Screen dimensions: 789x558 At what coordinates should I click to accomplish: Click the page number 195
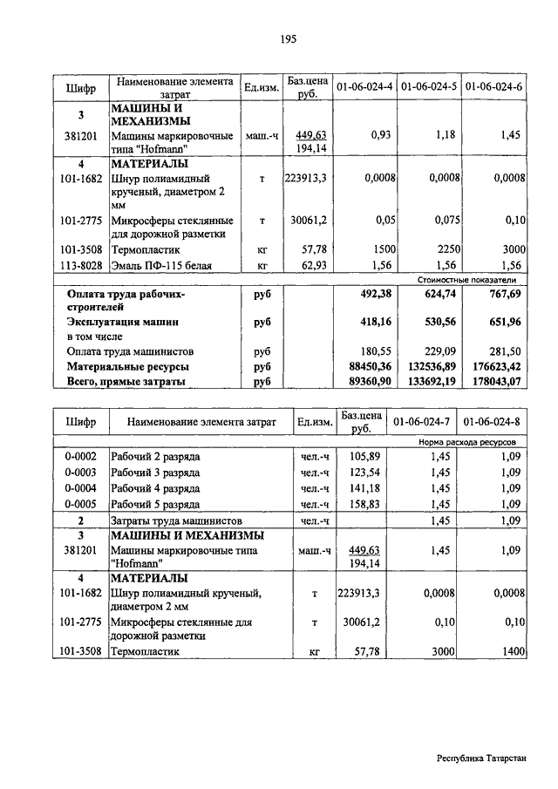[289, 38]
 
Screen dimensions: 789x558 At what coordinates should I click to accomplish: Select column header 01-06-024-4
[364, 87]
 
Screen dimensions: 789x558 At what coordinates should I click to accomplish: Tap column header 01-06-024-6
[494, 87]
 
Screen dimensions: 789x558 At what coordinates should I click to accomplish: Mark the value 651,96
[503, 322]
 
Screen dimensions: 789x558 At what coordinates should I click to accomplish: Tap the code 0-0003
[79, 472]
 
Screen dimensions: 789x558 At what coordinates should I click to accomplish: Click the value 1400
[511, 650]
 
